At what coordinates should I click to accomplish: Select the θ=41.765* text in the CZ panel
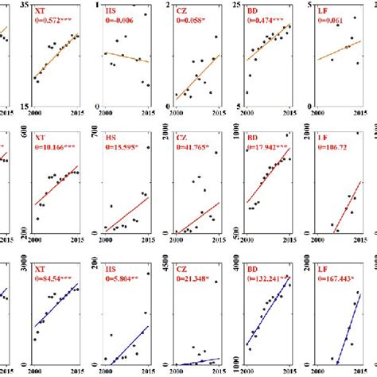(x=196, y=147)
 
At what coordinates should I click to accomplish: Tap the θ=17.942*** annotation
(x=270, y=147)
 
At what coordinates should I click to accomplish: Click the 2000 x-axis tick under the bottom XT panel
(x=34, y=371)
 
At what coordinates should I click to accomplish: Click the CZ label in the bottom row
(x=182, y=269)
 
